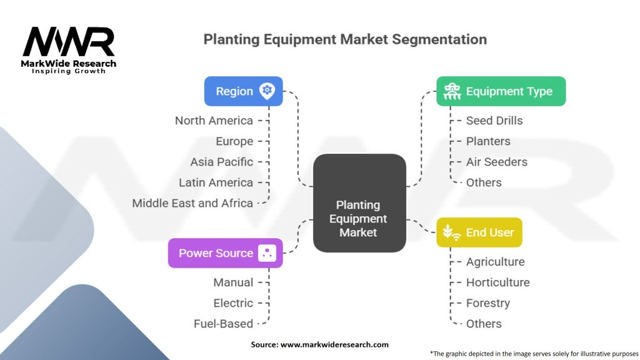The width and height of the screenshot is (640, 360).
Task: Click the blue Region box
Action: (x=243, y=91)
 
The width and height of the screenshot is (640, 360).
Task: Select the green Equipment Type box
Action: (x=501, y=91)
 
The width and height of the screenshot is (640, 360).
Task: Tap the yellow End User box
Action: (x=479, y=232)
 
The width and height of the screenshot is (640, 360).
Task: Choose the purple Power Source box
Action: (x=225, y=253)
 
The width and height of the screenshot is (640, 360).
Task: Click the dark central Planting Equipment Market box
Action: (x=359, y=203)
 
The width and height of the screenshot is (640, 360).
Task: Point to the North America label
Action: (x=214, y=121)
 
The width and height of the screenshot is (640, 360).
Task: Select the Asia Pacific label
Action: (x=222, y=162)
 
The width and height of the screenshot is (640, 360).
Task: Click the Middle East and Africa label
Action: (x=192, y=203)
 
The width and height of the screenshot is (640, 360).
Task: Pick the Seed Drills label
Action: (x=494, y=121)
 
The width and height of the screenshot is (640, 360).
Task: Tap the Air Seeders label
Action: (x=497, y=162)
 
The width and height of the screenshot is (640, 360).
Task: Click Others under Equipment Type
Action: (x=484, y=182)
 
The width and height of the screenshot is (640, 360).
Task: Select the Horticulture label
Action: (x=498, y=282)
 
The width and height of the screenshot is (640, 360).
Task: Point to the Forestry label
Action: (x=488, y=303)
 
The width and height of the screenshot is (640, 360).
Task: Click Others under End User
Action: (x=484, y=324)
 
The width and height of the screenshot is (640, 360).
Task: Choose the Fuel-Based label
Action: (x=223, y=324)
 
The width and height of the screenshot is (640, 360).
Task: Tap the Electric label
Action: (x=233, y=303)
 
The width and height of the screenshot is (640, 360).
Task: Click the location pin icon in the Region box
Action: (x=267, y=91)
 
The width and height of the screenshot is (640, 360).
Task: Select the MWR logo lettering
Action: (x=69, y=42)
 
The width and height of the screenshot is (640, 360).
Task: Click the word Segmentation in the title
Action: (x=439, y=39)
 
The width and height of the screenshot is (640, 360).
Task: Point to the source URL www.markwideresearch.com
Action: (x=334, y=344)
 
